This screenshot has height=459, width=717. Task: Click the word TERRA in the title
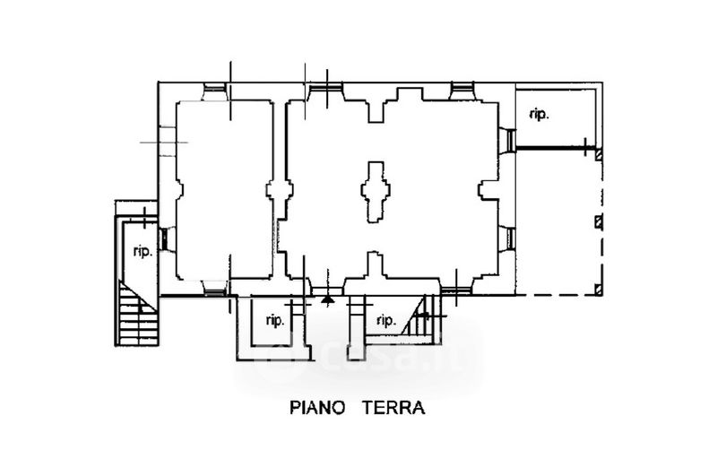click(x=393, y=407)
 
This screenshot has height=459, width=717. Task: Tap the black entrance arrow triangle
click(x=326, y=300)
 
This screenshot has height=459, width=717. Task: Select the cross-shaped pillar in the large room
click(x=376, y=192)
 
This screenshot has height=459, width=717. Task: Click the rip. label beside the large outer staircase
click(x=143, y=251)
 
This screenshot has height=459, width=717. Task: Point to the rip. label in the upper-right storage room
click(x=540, y=114)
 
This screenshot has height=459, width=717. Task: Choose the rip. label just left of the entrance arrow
click(x=275, y=320)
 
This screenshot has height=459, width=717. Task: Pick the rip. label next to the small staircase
click(x=386, y=320)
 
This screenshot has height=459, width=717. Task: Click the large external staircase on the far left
click(x=137, y=314)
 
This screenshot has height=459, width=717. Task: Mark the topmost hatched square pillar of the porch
click(x=598, y=155)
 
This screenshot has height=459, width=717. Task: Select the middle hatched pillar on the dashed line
click(x=598, y=222)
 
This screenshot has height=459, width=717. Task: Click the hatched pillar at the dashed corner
click(x=598, y=289)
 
